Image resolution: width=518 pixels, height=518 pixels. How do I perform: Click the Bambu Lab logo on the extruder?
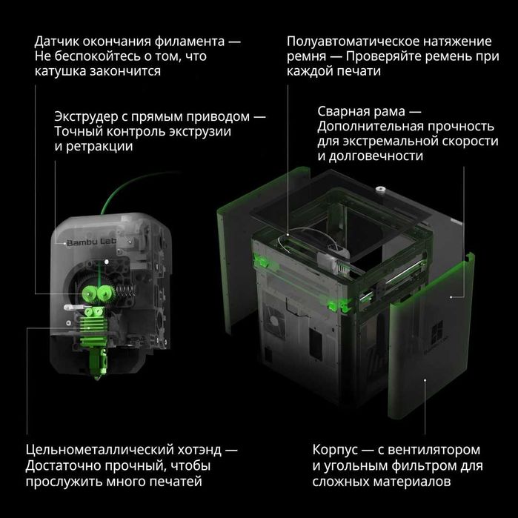[x=88, y=242]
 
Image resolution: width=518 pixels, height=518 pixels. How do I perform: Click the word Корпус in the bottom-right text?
[x=335, y=450]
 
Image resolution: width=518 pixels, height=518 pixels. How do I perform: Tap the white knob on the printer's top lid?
[x=380, y=190]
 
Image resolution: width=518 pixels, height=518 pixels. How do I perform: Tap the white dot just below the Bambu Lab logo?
[x=107, y=261]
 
